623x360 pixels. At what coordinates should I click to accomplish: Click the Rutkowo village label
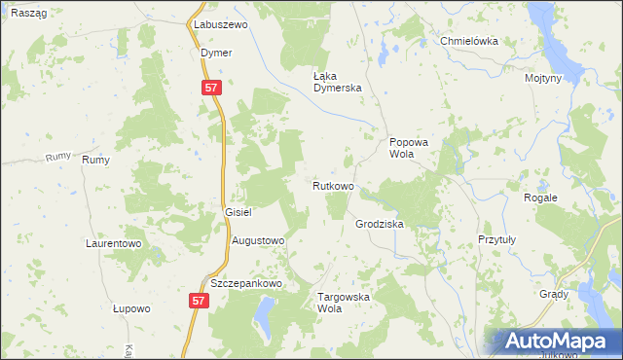[x=333, y=185]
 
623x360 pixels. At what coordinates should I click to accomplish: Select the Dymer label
[x=216, y=53]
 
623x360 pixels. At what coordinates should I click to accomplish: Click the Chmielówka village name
[x=469, y=42]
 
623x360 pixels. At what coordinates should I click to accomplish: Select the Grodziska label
[x=380, y=224]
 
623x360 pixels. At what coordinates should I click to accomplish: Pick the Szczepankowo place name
[x=245, y=283]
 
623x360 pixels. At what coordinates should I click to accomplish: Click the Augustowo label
[x=257, y=239]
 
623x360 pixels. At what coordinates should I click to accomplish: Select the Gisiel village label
[x=238, y=212]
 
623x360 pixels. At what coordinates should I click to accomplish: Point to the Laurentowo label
[x=114, y=243]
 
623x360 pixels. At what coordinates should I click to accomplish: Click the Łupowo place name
[x=131, y=308]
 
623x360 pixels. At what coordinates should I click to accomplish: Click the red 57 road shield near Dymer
[x=214, y=88]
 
